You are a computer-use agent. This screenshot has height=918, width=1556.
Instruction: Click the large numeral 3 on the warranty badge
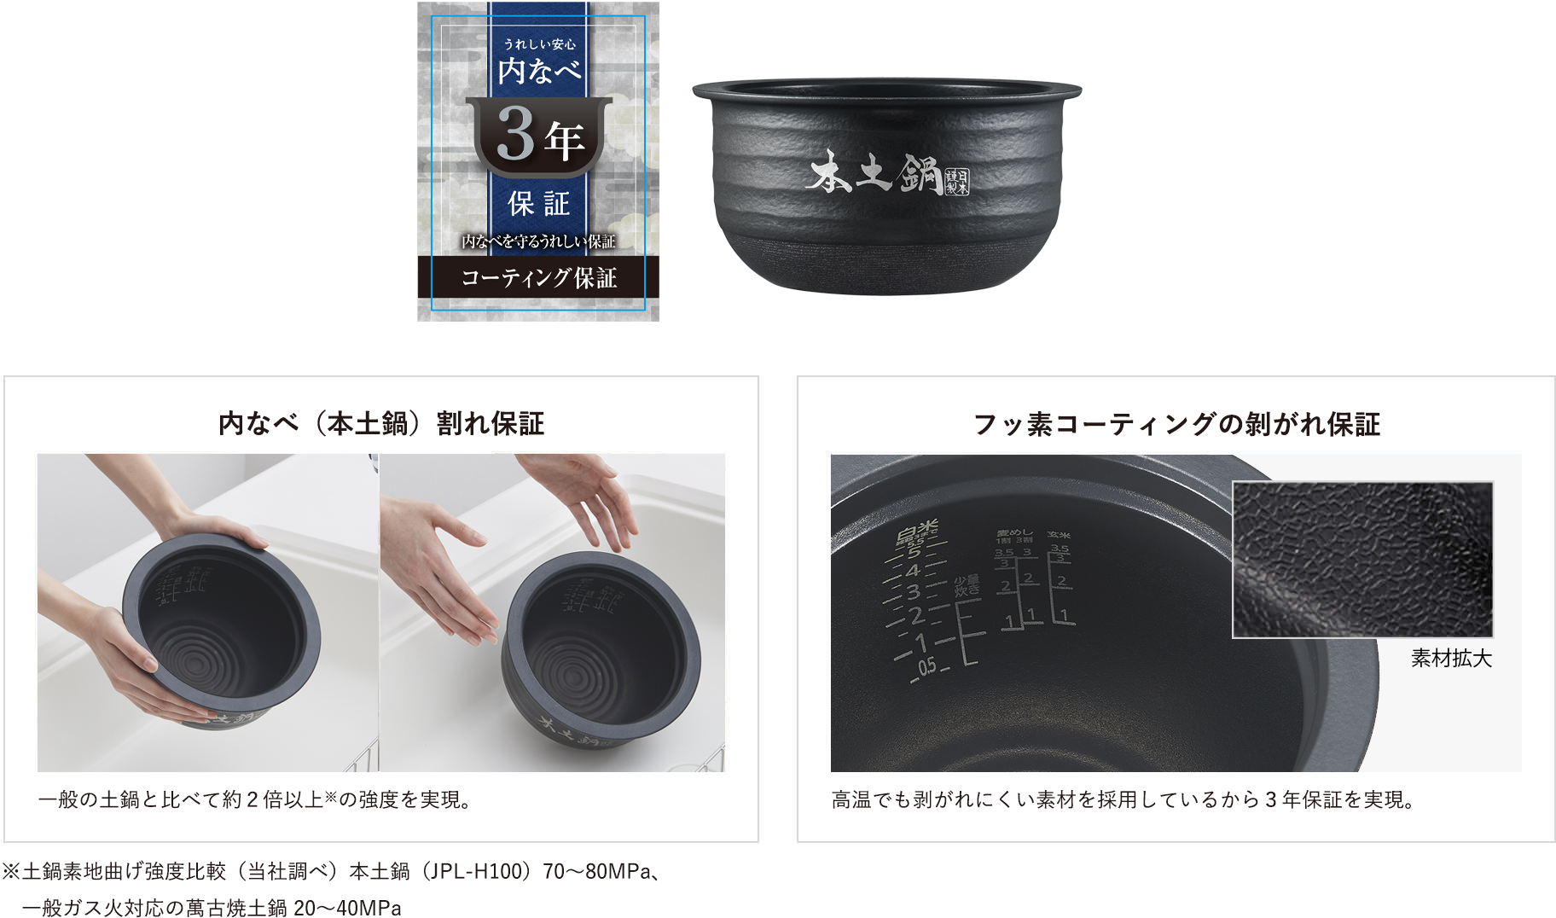click(x=514, y=134)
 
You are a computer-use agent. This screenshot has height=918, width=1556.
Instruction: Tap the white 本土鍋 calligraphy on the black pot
click(x=874, y=173)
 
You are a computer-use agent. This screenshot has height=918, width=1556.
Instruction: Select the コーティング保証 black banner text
click(x=538, y=278)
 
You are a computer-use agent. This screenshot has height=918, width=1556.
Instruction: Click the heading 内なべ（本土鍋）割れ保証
click(x=380, y=424)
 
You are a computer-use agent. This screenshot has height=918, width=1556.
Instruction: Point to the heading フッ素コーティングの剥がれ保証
click(x=1176, y=424)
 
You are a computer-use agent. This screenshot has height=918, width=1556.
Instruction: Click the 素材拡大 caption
click(x=1450, y=659)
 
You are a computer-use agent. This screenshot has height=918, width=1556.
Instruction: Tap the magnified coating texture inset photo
click(x=1362, y=560)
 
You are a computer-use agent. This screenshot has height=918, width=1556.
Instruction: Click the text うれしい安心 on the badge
click(x=539, y=44)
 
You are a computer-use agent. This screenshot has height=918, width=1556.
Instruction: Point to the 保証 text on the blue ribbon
click(x=538, y=204)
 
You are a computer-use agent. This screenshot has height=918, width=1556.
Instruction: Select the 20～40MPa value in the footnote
click(x=346, y=908)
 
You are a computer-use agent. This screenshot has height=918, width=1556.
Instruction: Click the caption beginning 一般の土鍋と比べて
click(x=254, y=799)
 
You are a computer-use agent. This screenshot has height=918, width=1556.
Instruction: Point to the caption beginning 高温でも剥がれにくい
click(x=1123, y=799)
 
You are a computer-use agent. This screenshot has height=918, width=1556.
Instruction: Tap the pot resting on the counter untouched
click(x=601, y=648)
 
